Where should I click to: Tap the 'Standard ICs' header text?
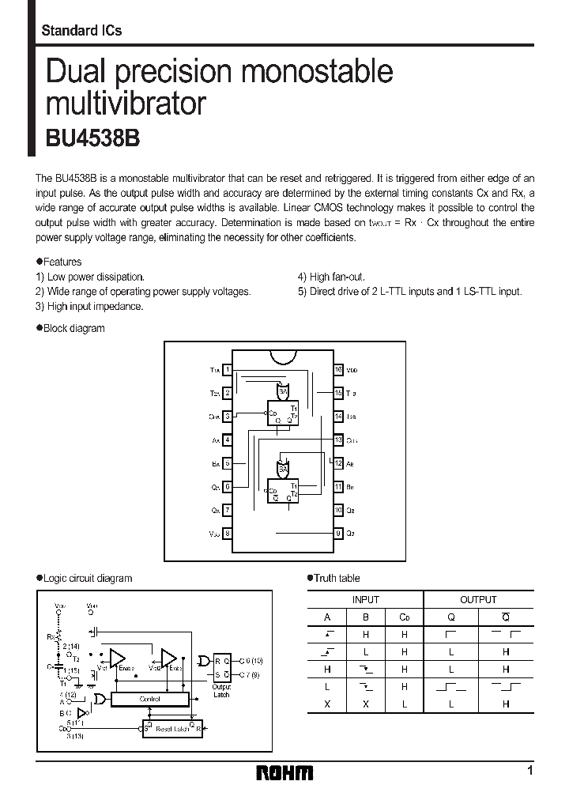coord(81,31)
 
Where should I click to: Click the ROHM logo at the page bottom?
coord(284,772)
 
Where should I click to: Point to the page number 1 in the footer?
coord(529,770)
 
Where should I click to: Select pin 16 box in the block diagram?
coord(338,369)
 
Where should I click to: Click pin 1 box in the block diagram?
coord(228,369)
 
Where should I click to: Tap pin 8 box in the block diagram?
coord(228,534)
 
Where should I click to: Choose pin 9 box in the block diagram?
coord(338,534)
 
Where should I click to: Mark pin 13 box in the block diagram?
coord(338,440)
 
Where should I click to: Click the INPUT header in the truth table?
coord(365,600)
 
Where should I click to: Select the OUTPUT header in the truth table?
coord(478,600)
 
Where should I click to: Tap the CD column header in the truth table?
coord(404,618)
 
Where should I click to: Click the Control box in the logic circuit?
coord(149,699)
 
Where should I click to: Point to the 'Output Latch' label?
coord(221,690)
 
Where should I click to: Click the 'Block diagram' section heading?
coord(73,328)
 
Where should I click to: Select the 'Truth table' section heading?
coord(337,578)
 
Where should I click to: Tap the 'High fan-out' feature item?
coord(331,277)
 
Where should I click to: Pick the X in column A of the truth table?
coord(327,704)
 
